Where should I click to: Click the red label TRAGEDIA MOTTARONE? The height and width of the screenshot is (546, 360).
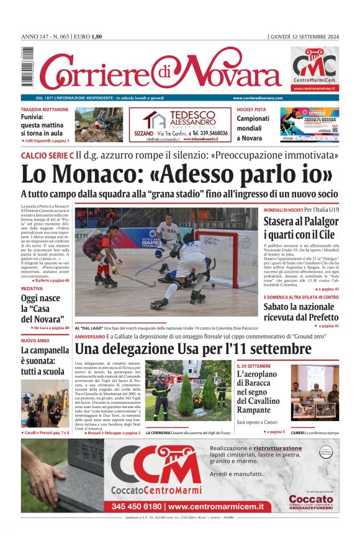pyautogui.click(x=45, y=109)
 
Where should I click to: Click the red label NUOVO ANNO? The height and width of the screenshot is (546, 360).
pyautogui.click(x=35, y=341)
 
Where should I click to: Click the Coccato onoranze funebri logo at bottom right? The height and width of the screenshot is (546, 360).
pyautogui.click(x=310, y=500)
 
